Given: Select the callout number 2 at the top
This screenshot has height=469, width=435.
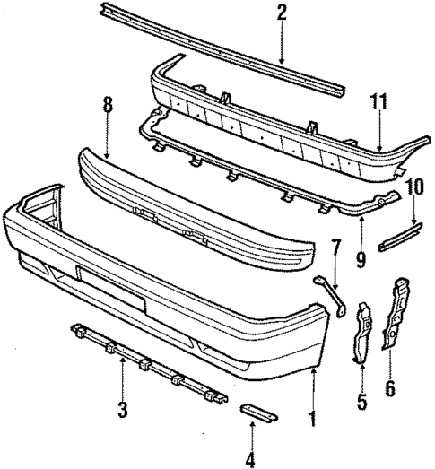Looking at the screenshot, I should click(x=282, y=13).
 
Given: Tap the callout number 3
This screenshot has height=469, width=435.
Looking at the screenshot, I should click(x=122, y=411).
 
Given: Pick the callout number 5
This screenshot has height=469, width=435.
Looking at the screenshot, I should click(x=361, y=403).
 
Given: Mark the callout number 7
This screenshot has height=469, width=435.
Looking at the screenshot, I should click(x=336, y=247).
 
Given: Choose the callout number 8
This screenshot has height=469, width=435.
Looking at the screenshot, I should click(x=107, y=107).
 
